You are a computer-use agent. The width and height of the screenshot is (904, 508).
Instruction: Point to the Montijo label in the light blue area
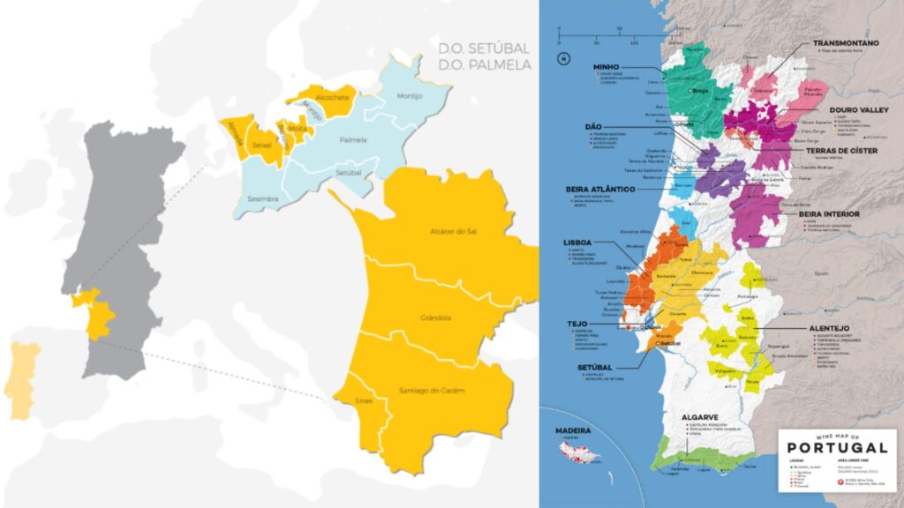[411, 96]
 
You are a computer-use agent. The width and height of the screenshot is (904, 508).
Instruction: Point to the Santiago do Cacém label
[432, 390]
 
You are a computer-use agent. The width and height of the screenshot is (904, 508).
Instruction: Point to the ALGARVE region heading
[698, 417]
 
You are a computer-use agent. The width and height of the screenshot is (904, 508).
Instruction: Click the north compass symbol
[561, 59]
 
